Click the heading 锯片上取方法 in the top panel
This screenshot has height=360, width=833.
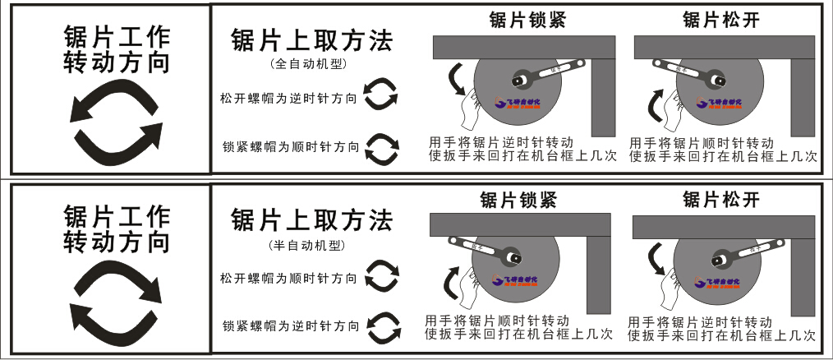tap(311, 42)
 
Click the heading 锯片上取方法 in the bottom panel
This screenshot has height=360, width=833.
tap(311, 220)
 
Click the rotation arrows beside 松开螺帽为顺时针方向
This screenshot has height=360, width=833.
tap(381, 276)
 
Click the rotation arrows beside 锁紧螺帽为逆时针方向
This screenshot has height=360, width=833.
tap(382, 326)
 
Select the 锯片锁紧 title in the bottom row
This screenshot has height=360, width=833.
tap(518, 200)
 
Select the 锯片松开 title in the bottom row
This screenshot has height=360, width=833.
tap(720, 200)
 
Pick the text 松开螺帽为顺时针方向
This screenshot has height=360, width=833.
tap(288, 279)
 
